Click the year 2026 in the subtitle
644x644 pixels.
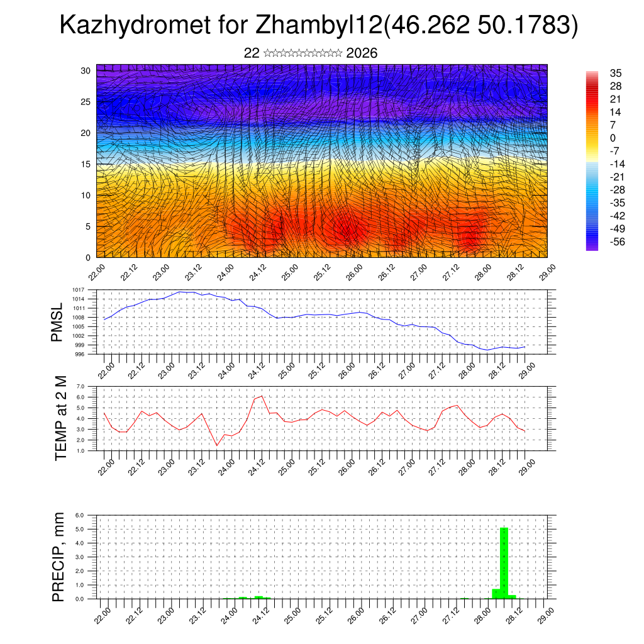362,53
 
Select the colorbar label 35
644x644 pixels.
615,73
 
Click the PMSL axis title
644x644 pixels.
58,322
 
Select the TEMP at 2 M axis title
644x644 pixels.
60,418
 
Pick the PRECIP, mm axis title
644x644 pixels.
58,557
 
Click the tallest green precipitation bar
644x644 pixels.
504,563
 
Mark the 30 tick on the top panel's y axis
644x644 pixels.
86,70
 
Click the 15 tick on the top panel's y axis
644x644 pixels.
86,164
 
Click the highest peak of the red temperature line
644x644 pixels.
261,396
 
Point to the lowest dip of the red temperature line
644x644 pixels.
217,446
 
